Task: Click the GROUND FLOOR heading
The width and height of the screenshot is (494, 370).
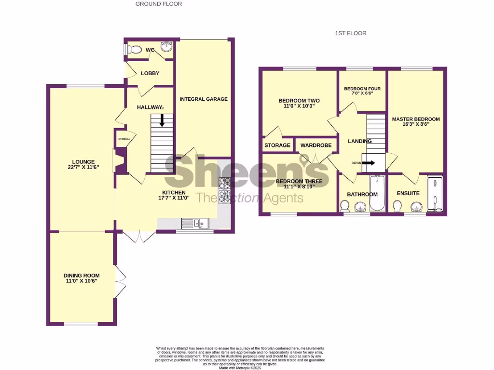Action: point(159,4)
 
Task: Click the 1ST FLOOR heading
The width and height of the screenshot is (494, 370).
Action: point(351,33)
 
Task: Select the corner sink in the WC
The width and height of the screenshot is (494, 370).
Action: point(166,47)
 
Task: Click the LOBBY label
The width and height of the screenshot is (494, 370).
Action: point(150,73)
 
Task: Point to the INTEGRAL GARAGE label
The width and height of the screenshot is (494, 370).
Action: point(203,99)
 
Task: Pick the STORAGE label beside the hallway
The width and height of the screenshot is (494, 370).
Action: point(124,139)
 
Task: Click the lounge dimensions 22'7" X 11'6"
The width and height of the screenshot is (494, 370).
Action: point(84,168)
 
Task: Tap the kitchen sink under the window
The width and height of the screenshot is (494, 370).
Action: point(195,223)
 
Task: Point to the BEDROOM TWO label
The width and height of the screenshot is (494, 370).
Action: point(299,101)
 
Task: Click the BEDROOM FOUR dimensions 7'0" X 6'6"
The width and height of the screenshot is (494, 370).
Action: point(362,93)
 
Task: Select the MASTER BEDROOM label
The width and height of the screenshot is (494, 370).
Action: point(416,119)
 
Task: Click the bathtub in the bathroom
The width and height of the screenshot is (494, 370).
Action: point(377,193)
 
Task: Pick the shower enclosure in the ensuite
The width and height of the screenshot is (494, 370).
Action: point(435,194)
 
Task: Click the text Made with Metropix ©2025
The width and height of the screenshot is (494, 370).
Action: point(240,368)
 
